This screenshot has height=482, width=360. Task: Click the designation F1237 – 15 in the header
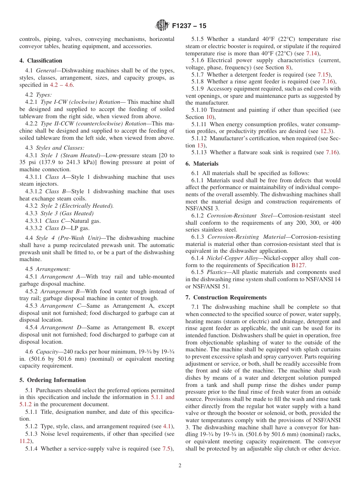pyautogui.click(x=189, y=26)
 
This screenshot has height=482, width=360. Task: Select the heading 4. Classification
pyautogui.click(x=41, y=61)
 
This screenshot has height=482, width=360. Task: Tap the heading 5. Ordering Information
pyautogui.click(x=53, y=380)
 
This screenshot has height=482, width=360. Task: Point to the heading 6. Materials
pyautogui.click(x=202, y=164)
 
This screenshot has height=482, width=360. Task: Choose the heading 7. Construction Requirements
pyautogui.click(x=226, y=297)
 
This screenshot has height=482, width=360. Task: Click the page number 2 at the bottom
pyautogui.click(x=180, y=466)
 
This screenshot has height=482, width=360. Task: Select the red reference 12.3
pyautogui.click(x=326, y=131)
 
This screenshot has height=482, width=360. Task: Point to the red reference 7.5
pyautogui.click(x=166, y=449)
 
